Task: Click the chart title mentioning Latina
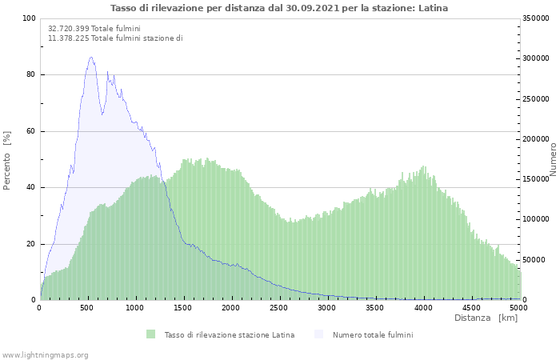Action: coord(279,8)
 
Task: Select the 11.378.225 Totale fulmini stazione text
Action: coord(115,38)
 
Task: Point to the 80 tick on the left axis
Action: coord(30,75)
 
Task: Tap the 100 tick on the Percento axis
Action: coord(28,18)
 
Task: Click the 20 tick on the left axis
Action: coord(30,244)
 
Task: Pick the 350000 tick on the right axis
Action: coord(534,18)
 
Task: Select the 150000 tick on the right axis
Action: coord(534,179)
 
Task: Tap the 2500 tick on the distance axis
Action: coord(279,307)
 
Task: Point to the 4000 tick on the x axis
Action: coord(423,307)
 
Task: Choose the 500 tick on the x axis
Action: coord(87,307)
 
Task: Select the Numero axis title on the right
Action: coord(553,159)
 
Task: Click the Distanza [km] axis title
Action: coord(486,318)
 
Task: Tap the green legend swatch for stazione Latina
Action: coord(150,334)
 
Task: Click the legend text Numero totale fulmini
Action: coord(373,334)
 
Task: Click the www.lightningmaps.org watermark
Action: coord(45,354)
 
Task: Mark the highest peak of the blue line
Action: coord(91,57)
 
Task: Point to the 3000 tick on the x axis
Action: coord(327,307)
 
